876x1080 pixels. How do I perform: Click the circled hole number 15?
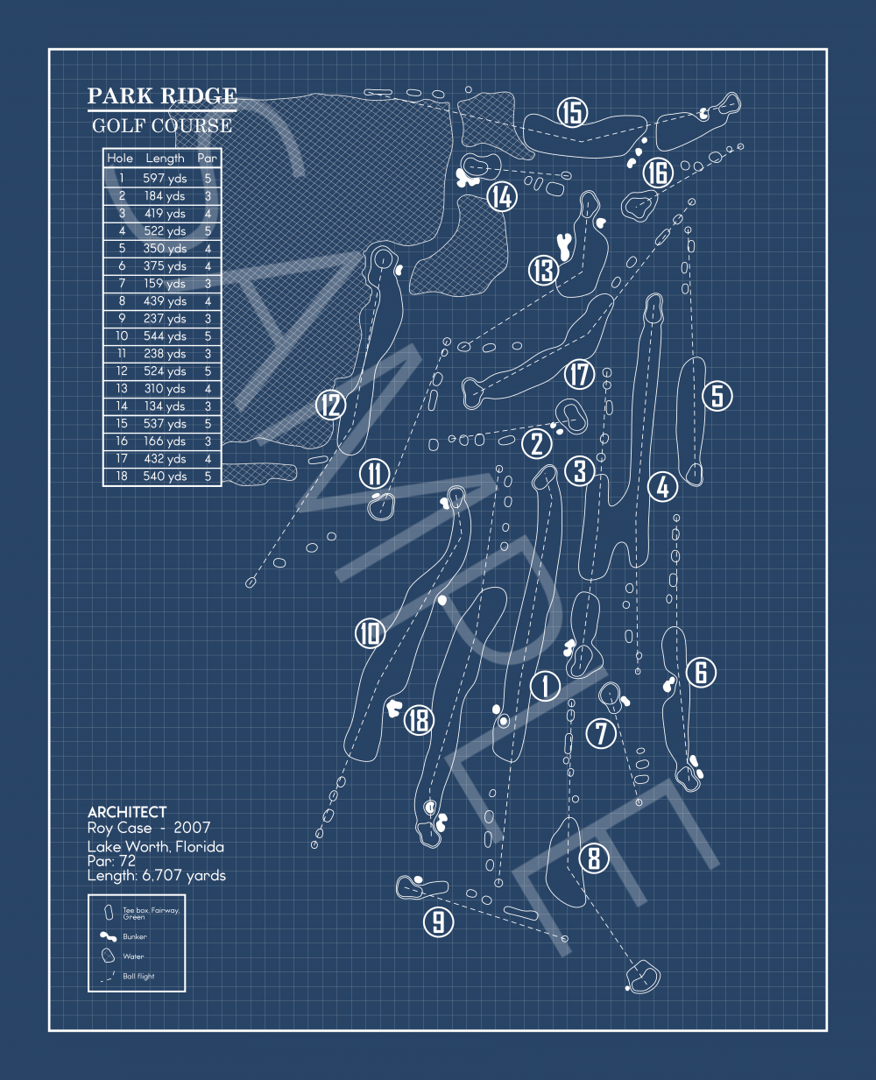tap(572, 112)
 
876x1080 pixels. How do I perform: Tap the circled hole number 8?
tap(594, 858)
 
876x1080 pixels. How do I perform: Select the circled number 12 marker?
tap(331, 405)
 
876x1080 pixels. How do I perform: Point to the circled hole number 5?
tap(717, 395)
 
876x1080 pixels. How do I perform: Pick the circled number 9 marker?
tap(438, 921)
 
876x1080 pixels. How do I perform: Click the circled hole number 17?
tap(579, 374)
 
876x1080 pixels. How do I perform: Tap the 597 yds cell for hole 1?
tap(165, 178)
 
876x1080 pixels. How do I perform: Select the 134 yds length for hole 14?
tap(165, 406)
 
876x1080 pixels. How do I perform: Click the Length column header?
tap(165, 159)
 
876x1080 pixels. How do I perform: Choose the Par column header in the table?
tap(207, 159)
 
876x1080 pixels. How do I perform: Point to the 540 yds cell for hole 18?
tap(165, 476)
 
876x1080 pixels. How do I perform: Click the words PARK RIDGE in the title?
tap(162, 95)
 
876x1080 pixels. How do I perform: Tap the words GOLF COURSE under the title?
tap(162, 125)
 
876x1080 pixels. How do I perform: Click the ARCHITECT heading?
tap(127, 812)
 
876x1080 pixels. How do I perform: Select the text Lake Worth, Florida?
tap(155, 846)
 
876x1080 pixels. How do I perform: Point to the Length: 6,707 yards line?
tap(156, 875)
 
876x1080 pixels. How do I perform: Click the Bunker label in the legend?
tap(135, 936)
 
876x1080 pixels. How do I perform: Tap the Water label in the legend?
tap(133, 956)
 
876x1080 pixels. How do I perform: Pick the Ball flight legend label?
tap(138, 976)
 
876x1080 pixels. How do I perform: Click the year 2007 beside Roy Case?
tap(192, 828)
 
